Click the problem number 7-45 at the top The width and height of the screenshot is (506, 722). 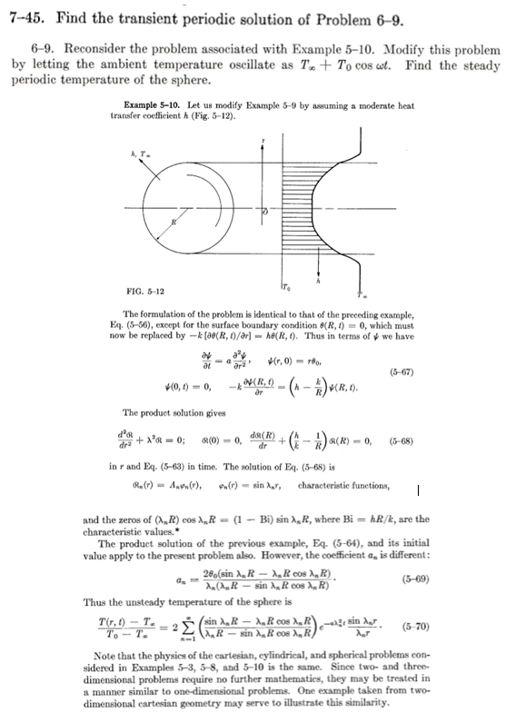25,19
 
